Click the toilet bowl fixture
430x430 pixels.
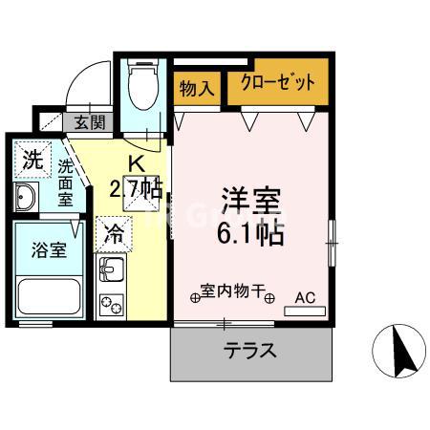click(143, 84)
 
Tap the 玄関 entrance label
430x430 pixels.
click(90, 122)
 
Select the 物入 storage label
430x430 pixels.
click(197, 88)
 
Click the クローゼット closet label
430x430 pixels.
click(278, 82)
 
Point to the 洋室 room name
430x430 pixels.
click(251, 202)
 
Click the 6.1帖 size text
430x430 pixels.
click(250, 234)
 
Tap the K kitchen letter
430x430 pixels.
click(136, 164)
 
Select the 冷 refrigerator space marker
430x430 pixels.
click(114, 234)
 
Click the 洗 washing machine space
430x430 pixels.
click(32, 160)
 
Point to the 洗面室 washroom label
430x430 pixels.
click(65, 183)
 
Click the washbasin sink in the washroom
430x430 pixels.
click(26, 197)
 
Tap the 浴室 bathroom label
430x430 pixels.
click(49, 250)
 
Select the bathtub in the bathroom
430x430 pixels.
click(49, 296)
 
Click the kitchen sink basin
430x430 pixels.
click(112, 269)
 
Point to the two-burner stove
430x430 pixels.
click(112, 305)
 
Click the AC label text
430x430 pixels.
click(305, 298)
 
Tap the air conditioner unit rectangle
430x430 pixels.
click(305, 311)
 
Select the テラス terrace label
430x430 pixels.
click(249, 351)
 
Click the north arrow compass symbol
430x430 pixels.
click(399, 351)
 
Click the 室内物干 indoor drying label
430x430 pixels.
click(232, 290)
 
